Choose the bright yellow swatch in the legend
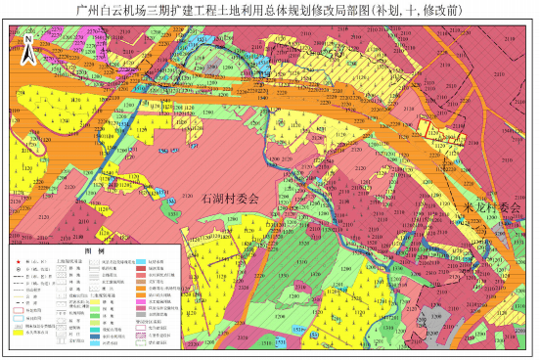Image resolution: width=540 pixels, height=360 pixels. coord(19,333)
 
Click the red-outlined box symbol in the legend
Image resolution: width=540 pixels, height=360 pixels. coord(19,311)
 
